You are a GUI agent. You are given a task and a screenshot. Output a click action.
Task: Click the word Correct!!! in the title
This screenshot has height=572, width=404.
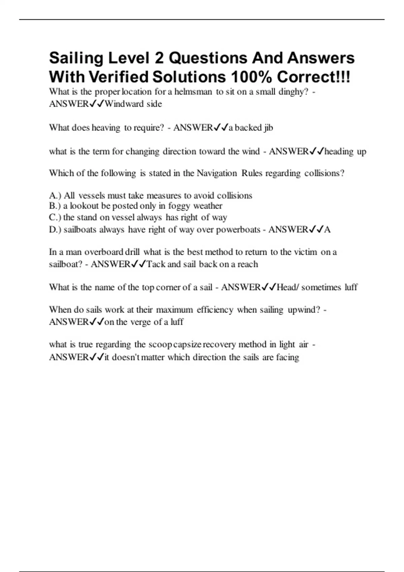click(314, 77)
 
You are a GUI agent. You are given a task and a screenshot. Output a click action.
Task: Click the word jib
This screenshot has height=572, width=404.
click(269, 128)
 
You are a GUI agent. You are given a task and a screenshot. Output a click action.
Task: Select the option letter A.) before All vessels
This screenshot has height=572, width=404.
click(55, 195)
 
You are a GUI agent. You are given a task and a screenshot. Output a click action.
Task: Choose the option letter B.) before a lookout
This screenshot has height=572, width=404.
click(55, 206)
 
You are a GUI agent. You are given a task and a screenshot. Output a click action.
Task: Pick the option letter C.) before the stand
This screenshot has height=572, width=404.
click(55, 217)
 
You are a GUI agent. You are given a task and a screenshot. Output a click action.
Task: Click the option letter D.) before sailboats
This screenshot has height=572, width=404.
click(55, 230)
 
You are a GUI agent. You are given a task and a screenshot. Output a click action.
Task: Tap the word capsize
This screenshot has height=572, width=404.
click(187, 345)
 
